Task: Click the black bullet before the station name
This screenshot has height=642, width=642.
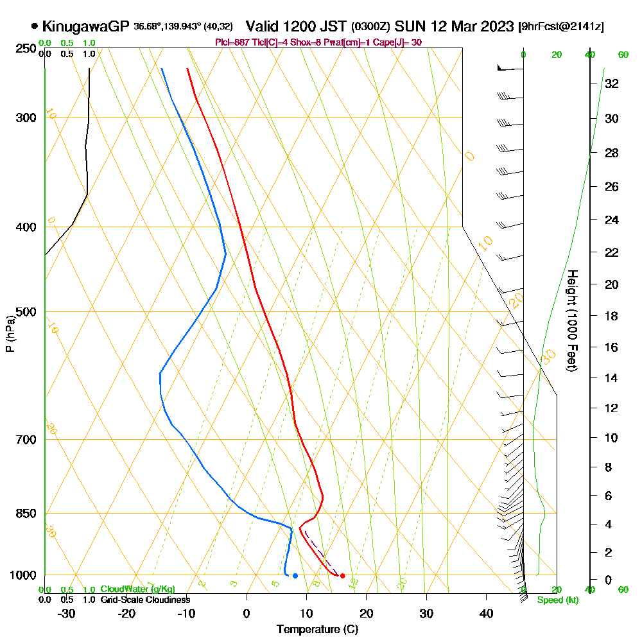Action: click(x=34, y=26)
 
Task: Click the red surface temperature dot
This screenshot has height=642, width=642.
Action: click(x=342, y=576)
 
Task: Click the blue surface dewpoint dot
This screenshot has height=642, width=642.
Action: click(x=295, y=576)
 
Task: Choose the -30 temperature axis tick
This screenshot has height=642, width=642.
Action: click(x=66, y=613)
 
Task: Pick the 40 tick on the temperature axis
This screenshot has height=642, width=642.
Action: click(x=487, y=613)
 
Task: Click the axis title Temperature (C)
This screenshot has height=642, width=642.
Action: click(x=318, y=630)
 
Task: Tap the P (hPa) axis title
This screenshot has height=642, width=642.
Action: click(x=10, y=334)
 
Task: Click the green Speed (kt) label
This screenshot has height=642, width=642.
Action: click(x=555, y=600)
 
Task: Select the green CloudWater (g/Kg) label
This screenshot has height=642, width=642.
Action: click(x=137, y=589)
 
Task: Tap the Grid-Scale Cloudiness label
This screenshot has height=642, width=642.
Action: click(x=145, y=600)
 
